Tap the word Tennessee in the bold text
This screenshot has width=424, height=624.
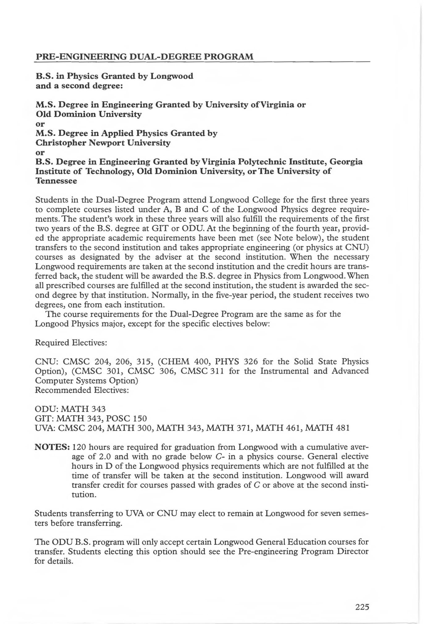[56, 181]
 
